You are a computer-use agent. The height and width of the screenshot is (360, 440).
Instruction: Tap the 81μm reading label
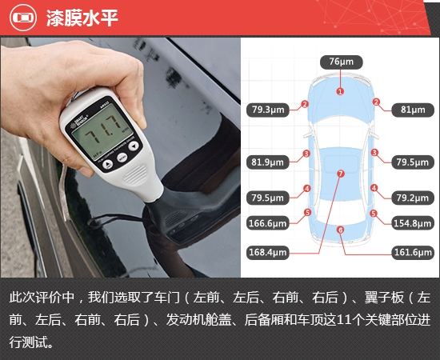412,110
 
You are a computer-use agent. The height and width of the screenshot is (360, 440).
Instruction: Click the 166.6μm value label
268,223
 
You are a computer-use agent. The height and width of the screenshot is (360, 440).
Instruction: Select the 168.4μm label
268,252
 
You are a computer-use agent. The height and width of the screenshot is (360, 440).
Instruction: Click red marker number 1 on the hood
340,92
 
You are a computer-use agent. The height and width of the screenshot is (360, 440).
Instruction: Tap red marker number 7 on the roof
340,173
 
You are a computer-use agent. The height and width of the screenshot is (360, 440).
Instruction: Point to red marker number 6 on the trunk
340,230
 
